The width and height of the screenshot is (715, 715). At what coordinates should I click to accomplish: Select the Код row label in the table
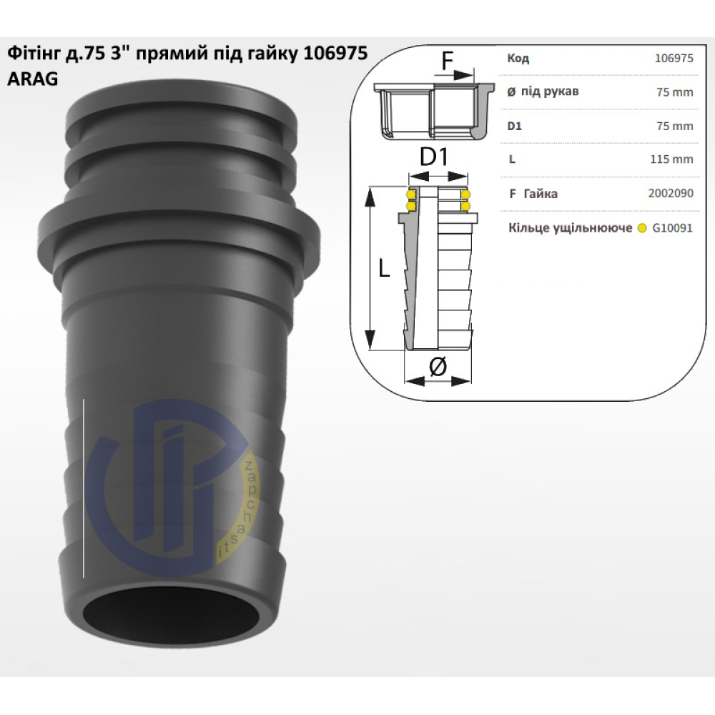518,59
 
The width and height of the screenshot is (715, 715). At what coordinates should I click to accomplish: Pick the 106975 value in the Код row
674,59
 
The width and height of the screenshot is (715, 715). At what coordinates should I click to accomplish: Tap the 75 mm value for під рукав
674,92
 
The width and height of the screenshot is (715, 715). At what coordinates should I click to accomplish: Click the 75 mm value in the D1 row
674,126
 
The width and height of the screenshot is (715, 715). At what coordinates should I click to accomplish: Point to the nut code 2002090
671,193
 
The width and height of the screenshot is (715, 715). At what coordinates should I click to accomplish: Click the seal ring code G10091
672,229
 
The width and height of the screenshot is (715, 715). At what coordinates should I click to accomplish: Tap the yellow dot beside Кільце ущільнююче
642,229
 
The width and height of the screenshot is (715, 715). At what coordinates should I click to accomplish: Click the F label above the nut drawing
448,62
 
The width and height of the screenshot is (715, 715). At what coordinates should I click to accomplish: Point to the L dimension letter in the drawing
384,269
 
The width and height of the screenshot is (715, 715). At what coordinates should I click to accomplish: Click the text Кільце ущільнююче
570,228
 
